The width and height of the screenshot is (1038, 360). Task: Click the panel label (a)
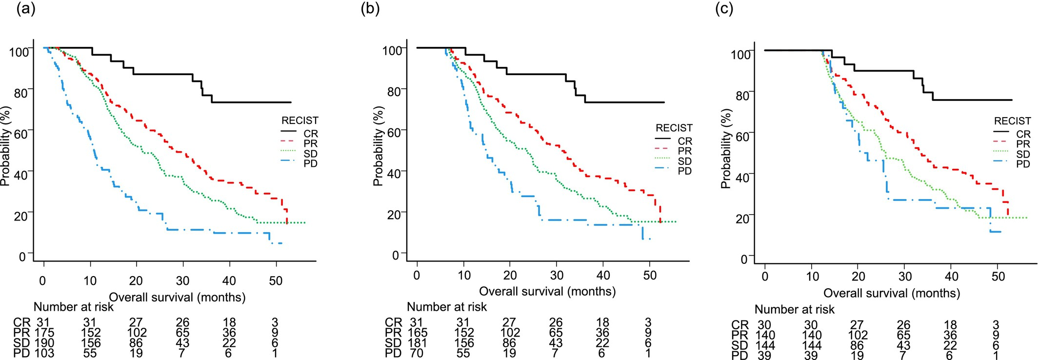(x=26, y=9)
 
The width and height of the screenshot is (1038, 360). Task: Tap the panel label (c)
(x=724, y=9)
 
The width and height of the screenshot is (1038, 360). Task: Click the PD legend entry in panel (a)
(x=310, y=163)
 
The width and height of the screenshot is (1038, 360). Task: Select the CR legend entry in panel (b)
(x=684, y=141)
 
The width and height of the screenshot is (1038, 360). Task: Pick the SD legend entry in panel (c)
(x=1023, y=154)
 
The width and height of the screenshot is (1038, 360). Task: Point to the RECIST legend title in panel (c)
(x=1012, y=121)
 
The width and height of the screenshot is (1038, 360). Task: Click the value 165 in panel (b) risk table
(x=418, y=333)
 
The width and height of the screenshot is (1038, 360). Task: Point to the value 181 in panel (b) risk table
(x=418, y=343)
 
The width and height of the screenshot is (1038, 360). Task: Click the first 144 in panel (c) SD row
(x=765, y=345)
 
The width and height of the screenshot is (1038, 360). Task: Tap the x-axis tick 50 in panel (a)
(x=276, y=281)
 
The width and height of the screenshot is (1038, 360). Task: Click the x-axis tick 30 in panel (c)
(x=905, y=277)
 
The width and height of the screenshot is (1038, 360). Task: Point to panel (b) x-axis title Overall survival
(x=547, y=291)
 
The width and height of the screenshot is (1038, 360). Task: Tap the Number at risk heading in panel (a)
(x=74, y=307)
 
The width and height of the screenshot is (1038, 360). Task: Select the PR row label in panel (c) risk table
(x=739, y=335)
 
